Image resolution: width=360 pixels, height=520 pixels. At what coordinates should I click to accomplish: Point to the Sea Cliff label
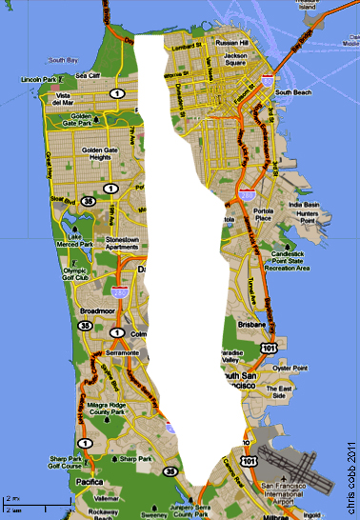point(88,75)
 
